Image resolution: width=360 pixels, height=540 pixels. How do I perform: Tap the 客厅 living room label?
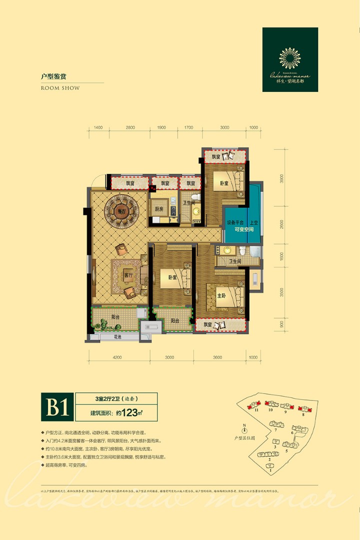(128, 275)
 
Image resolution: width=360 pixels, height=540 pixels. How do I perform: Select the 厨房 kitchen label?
(159, 209)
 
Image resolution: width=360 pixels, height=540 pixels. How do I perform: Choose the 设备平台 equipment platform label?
(234, 222)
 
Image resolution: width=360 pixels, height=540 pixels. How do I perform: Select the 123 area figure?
(130, 413)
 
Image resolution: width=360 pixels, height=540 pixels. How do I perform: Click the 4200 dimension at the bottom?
(117, 357)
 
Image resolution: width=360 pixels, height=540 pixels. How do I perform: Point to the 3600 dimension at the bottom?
(217, 357)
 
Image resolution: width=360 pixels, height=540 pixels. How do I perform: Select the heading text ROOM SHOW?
(59, 88)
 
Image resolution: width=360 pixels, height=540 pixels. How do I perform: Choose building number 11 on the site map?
(256, 410)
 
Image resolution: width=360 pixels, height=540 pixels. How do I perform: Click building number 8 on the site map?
(303, 414)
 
